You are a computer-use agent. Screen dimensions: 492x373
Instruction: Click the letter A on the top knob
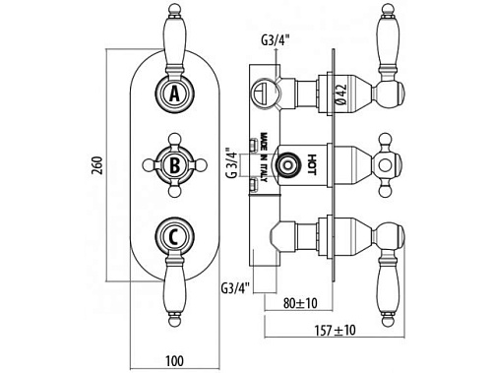(175, 93)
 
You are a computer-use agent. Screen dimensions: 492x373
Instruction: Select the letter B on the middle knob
(175, 165)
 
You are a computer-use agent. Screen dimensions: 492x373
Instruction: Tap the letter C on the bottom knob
(174, 236)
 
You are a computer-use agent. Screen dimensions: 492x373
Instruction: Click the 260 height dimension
(98, 165)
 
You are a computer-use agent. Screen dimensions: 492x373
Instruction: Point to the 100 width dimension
(174, 361)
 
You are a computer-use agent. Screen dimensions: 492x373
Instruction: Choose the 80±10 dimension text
(300, 303)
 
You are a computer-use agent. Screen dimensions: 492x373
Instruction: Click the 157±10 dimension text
(335, 330)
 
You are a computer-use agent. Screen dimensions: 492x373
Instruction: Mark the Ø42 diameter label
(341, 94)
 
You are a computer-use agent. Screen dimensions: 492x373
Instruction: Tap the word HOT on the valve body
(312, 164)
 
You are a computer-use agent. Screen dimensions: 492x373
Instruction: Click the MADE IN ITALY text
(264, 156)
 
